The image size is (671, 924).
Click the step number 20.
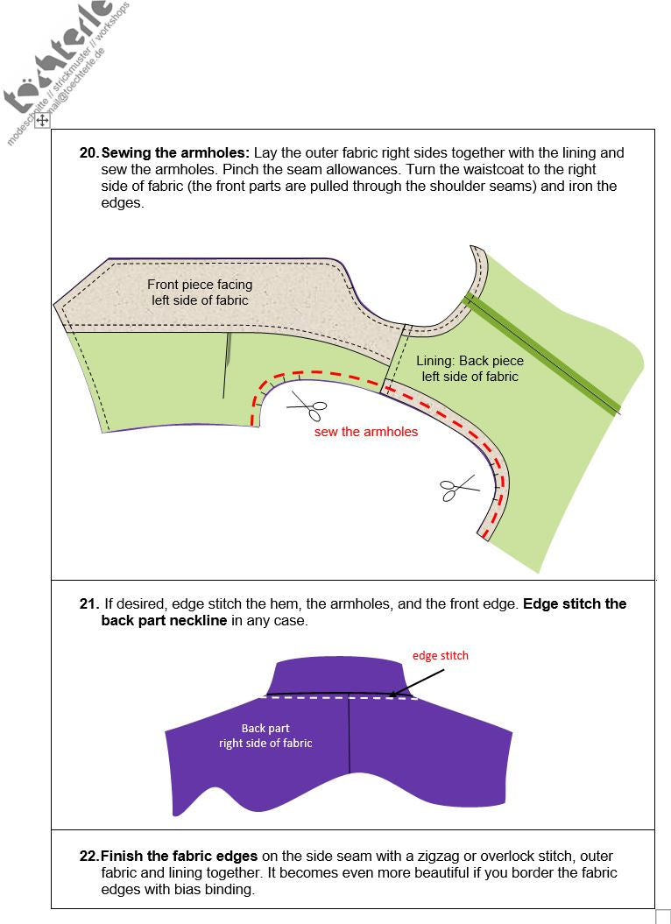(x=88, y=152)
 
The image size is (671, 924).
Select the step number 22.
(x=88, y=856)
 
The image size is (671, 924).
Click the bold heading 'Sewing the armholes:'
(x=175, y=152)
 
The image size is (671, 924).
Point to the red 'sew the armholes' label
(x=366, y=432)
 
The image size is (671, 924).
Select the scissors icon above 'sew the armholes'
(x=307, y=405)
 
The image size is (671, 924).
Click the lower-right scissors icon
(x=459, y=487)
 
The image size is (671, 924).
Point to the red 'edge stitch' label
(x=441, y=655)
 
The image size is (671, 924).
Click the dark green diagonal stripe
(x=543, y=355)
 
